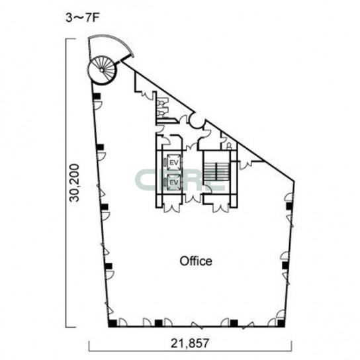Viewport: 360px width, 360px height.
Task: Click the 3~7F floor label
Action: coord(83,19)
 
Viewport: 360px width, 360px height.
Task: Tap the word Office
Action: coord(196,261)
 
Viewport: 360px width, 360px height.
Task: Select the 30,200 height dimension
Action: coord(75,183)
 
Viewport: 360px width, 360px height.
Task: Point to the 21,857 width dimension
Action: coord(190,343)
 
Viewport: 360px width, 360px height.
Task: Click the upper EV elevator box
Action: coord(173,163)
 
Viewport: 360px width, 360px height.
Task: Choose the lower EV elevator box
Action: coord(173,182)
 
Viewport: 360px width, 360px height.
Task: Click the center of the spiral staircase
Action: coord(101,69)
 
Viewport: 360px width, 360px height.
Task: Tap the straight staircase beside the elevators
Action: coord(216,171)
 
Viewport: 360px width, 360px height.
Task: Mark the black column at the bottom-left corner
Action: coord(112,323)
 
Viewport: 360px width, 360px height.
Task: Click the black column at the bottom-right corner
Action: coord(281,323)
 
